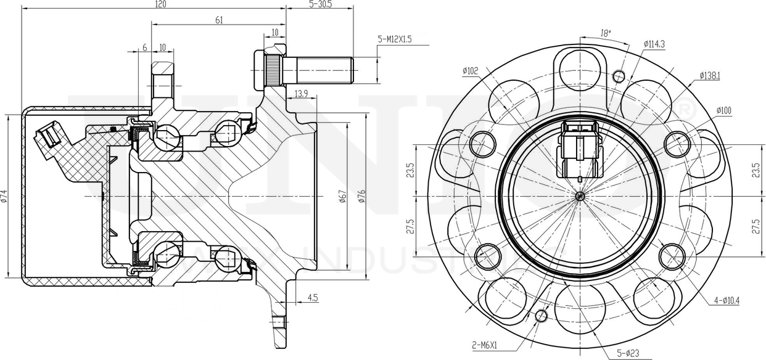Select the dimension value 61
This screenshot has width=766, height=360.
point(219,20)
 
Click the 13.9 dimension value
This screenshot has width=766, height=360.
point(301,93)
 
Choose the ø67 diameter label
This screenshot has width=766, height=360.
point(343,196)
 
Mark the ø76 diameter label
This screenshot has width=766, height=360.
point(362,196)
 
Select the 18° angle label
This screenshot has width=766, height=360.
point(606,34)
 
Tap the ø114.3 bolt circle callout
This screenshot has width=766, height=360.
point(654,44)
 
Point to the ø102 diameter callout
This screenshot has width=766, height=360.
point(470,70)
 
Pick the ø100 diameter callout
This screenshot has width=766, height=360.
point(723,110)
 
